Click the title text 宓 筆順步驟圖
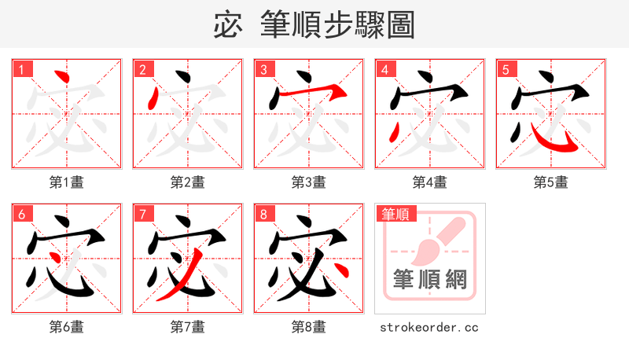tap(314, 24)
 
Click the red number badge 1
tap(21, 70)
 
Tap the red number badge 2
tap(142, 70)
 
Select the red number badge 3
tap(263, 70)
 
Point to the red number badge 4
tap(384, 70)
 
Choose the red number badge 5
tap(506, 70)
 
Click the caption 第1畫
tap(67, 182)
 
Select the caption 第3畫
tap(309, 182)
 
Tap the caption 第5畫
tap(551, 182)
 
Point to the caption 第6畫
tap(67, 327)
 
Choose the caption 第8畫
tap(309, 327)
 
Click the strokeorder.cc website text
tap(429, 327)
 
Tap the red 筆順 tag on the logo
tap(398, 214)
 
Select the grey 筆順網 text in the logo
tap(430, 280)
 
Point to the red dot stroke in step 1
tap(62, 79)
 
